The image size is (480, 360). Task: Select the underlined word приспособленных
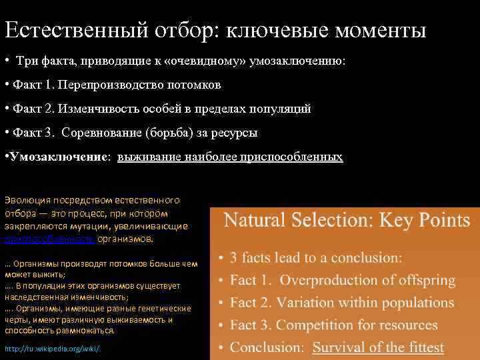coord(298,157)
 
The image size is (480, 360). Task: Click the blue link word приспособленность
coord(40,239)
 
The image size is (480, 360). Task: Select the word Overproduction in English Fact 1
coord(324,281)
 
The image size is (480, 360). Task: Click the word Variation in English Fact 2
coord(307,303)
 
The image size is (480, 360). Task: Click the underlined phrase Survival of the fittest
coord(378,347)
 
